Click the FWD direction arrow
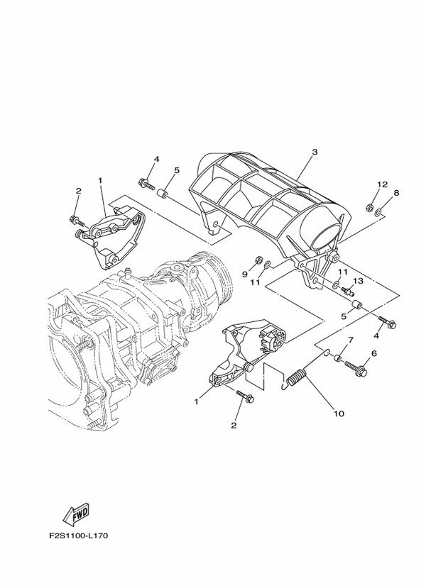[x=77, y=514]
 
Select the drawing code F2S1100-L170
[x=78, y=536]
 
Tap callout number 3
[x=315, y=152]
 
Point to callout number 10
[x=339, y=414]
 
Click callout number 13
[x=359, y=280]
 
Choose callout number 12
[x=382, y=184]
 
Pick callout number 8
[x=396, y=193]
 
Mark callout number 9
[x=244, y=274]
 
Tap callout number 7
[x=351, y=340]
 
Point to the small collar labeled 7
[x=338, y=357]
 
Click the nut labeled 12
[x=369, y=206]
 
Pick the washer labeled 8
[x=378, y=213]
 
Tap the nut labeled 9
[x=258, y=260]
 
